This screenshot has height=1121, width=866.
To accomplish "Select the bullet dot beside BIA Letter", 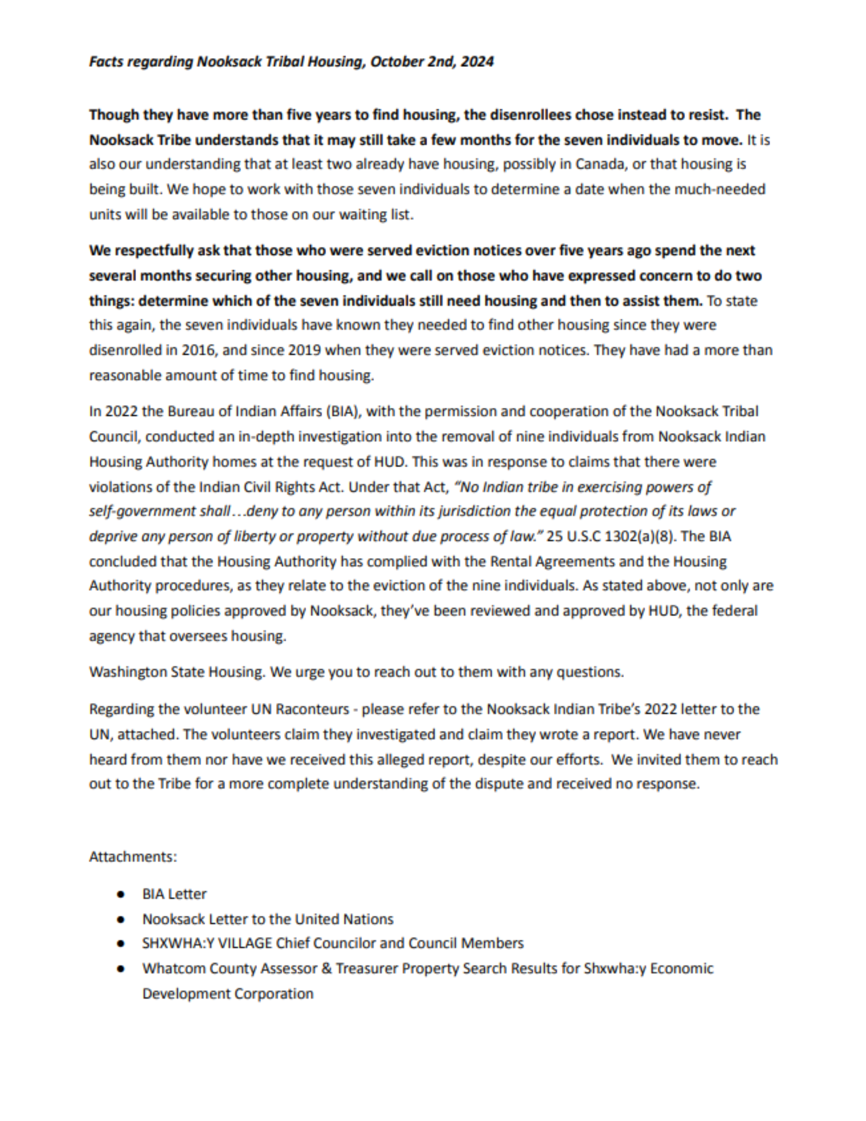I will point(121,894).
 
